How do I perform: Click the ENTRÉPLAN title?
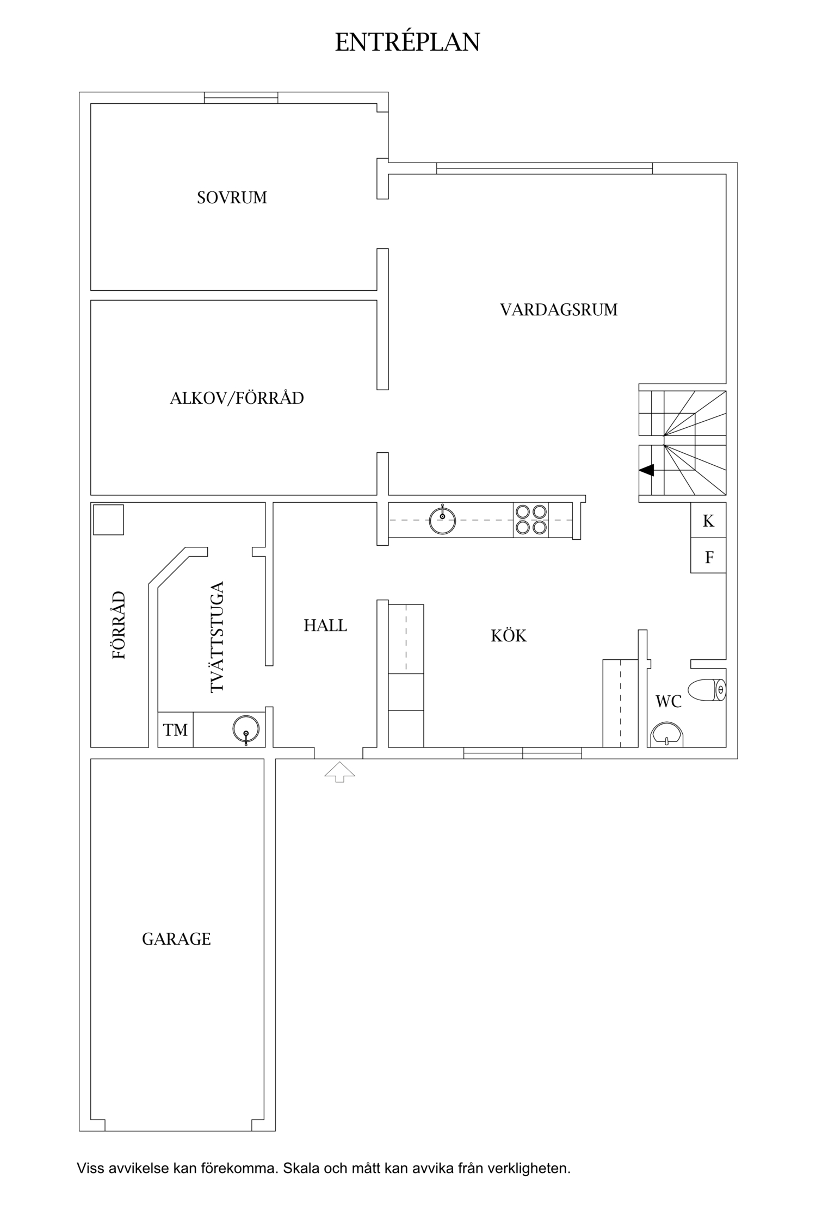click(407, 42)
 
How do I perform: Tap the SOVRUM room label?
click(232, 197)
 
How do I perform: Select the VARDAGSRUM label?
click(559, 310)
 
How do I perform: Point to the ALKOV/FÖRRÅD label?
click(237, 398)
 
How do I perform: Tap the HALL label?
click(325, 626)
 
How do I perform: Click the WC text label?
click(669, 702)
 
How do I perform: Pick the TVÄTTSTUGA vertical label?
click(217, 637)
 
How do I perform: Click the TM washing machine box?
click(175, 729)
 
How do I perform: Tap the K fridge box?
click(708, 520)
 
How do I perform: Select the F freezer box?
click(708, 556)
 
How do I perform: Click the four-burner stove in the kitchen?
click(531, 520)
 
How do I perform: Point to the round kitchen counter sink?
click(442, 520)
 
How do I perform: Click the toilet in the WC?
click(707, 690)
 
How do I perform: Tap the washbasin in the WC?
click(667, 734)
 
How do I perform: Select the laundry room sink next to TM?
click(246, 729)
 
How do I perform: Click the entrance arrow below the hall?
click(339, 772)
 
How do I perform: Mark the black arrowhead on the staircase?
click(647, 470)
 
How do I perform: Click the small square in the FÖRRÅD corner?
click(108, 520)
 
